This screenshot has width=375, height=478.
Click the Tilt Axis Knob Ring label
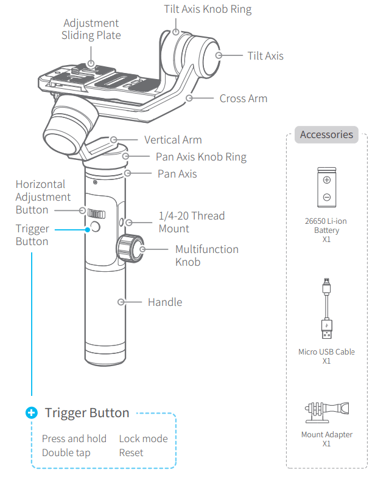[x=208, y=10]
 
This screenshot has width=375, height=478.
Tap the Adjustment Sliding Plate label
[x=91, y=29]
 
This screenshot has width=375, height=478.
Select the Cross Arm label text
[x=243, y=98]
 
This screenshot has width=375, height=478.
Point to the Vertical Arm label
[x=173, y=140]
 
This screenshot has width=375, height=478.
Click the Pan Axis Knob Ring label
[x=201, y=157]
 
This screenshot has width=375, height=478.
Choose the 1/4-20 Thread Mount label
[x=191, y=222]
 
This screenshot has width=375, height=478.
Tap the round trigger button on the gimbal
[x=95, y=228]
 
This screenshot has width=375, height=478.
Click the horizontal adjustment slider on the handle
[x=95, y=213]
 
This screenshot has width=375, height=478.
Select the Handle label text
[x=164, y=302]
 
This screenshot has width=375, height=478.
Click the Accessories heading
[x=326, y=134]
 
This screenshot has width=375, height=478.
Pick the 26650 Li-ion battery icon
[x=327, y=189]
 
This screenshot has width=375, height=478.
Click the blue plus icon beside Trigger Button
[x=31, y=413]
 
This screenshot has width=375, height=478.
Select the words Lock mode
[x=143, y=438]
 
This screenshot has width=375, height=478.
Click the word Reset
[x=131, y=452]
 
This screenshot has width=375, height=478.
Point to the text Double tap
[x=66, y=452]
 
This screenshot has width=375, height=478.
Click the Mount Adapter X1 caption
[x=326, y=439]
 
